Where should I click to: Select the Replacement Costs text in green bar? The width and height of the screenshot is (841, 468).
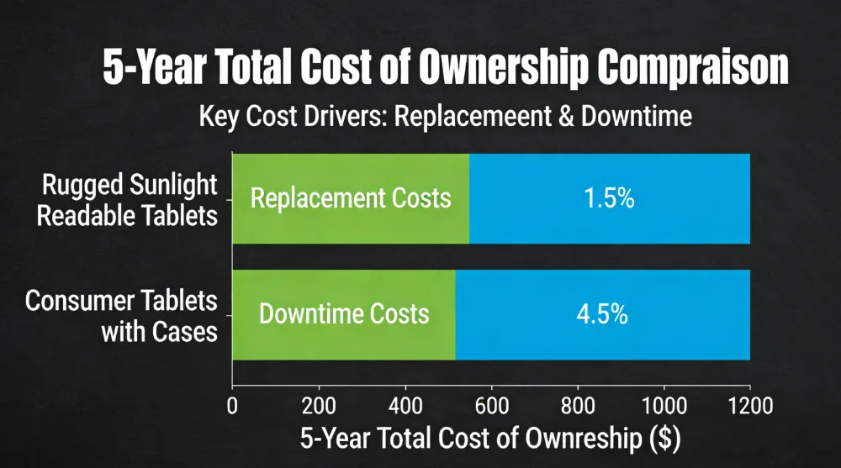pos(351,199)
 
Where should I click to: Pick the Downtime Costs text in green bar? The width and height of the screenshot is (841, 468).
pos(344,314)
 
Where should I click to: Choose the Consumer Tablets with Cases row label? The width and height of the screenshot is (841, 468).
pos(122,315)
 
